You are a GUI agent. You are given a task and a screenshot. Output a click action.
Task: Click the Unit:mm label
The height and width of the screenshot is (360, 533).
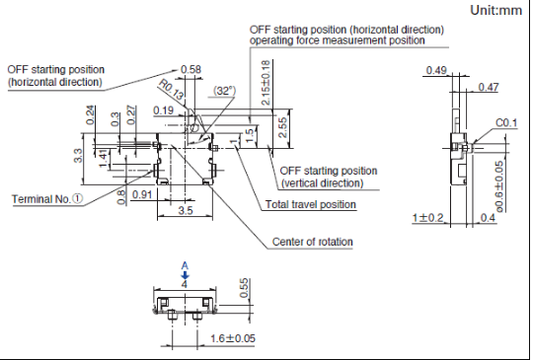coord(495,11)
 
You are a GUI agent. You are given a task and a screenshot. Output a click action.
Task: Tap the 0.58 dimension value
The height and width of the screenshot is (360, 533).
coord(190,70)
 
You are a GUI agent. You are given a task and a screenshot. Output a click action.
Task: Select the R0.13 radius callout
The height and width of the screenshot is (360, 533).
coord(172,90)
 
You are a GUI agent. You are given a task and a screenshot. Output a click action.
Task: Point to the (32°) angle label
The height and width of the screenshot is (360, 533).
coord(224,91)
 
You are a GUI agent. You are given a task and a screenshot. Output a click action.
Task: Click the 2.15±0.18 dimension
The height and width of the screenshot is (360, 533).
coord(266,83)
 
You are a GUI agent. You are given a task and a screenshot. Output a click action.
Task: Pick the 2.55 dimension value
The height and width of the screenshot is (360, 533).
coord(282,127)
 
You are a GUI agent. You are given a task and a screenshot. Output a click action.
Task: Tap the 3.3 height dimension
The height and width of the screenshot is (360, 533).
coord(78,156)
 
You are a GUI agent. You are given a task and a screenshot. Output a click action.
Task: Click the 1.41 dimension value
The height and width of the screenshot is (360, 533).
coord(104,159)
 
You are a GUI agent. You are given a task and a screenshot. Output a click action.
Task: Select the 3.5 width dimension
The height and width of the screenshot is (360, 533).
coord(186,210)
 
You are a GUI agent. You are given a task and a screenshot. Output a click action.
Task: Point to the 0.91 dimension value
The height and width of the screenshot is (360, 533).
coord(142,194)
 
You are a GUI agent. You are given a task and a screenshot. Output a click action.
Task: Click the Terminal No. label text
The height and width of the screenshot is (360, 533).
coord(41,199)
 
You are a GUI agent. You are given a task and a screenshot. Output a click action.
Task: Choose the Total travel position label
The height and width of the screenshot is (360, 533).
coord(311,204)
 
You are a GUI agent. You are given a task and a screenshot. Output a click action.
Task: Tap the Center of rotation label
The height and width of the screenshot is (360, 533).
coord(312,242)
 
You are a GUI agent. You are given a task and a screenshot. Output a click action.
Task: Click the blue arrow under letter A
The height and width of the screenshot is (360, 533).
coord(185,275)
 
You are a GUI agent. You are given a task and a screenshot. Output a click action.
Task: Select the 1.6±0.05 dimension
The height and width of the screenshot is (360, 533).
coord(233,338)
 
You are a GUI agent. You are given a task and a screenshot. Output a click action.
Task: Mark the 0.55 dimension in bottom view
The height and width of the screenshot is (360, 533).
coord(244,288)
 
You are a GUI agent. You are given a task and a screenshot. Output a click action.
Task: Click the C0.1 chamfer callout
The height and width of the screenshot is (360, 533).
coord(506,123)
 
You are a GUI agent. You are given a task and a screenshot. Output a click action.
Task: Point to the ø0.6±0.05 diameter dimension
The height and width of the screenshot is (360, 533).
coord(499,186)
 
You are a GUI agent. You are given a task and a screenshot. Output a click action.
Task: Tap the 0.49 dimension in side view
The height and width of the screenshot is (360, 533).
coord(436,70)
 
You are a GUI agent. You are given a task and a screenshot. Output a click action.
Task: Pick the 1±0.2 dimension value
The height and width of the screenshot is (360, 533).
coord(428,217)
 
